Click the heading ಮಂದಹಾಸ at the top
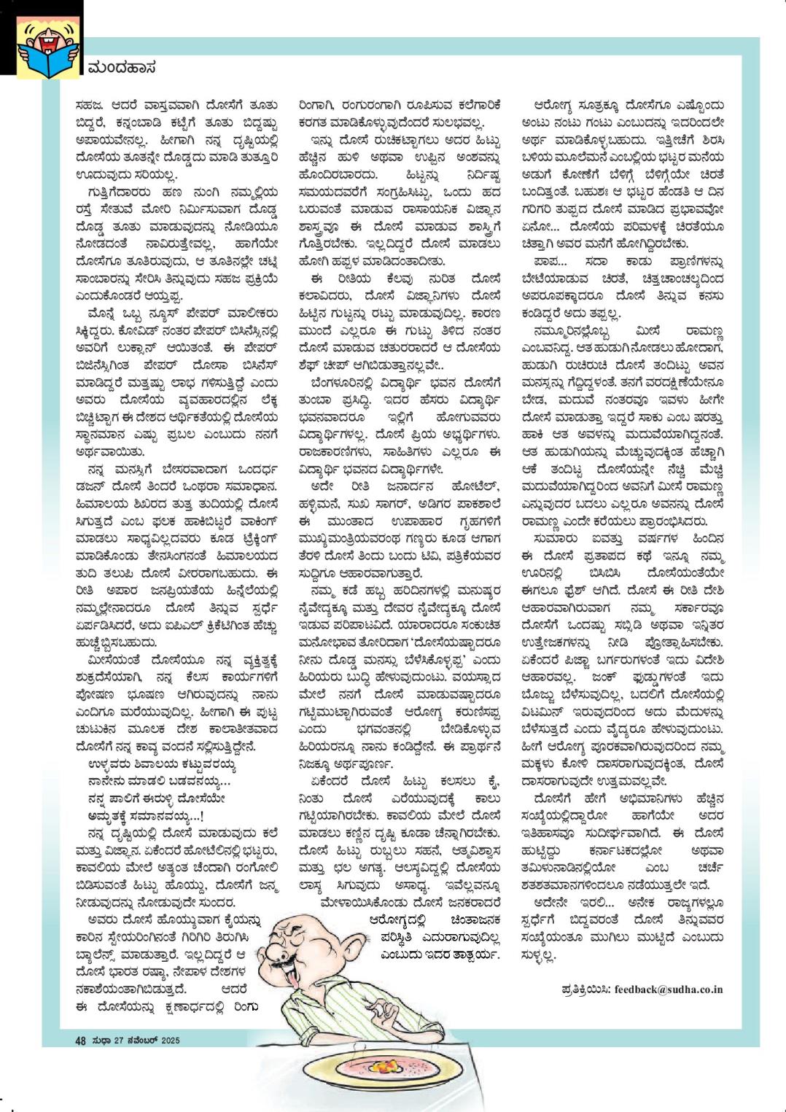click(x=122, y=69)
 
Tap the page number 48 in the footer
click(x=81, y=1041)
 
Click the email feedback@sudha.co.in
click(x=669, y=989)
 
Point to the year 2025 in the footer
click(x=170, y=1041)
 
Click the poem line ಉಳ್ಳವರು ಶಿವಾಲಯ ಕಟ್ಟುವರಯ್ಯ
click(x=161, y=765)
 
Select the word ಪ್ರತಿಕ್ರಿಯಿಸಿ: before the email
click(x=586, y=989)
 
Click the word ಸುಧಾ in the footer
click(x=101, y=1041)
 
